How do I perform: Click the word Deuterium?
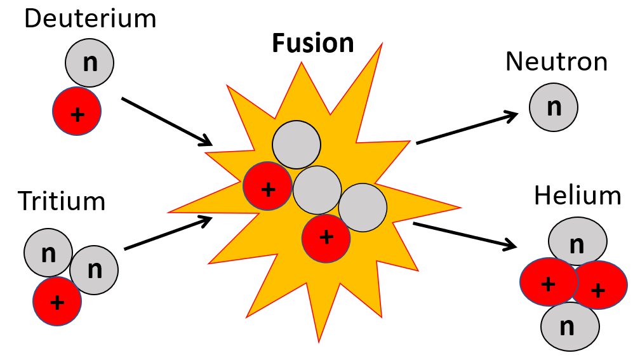tap(90, 18)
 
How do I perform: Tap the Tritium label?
tap(62, 201)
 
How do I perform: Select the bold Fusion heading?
tap(312, 43)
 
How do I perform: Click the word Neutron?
tap(556, 62)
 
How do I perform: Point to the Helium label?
tap(577, 196)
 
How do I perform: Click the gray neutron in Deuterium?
tap(90, 63)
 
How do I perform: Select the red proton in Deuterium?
tap(76, 112)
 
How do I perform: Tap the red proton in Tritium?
tap(57, 301)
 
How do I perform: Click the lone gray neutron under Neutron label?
tap(554, 107)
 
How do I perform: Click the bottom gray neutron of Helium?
tap(570, 327)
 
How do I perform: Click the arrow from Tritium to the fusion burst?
tap(168, 233)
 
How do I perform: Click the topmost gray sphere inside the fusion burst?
tap(296, 145)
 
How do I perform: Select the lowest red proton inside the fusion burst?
tap(326, 237)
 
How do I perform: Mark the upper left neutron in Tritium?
tap(48, 253)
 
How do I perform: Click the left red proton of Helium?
tap(547, 283)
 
